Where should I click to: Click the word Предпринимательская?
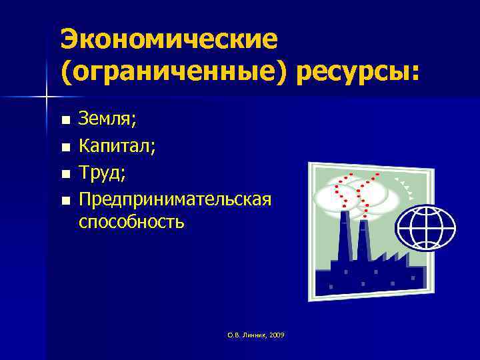click(x=175, y=198)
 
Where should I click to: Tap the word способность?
click(x=131, y=222)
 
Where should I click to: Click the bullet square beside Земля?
click(x=65, y=121)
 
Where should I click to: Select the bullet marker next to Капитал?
click(x=65, y=146)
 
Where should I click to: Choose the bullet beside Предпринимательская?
click(x=65, y=199)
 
